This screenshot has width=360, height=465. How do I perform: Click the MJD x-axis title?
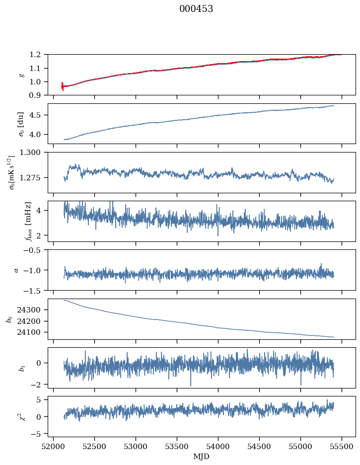(202, 457)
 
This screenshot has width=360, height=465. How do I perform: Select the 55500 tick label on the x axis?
(342, 447)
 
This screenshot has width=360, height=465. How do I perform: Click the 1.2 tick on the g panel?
(38, 54)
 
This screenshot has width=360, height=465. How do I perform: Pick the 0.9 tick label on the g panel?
(38, 95)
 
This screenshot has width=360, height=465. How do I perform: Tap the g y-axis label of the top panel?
(21, 75)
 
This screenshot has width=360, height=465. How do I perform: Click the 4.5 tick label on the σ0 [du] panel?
(38, 115)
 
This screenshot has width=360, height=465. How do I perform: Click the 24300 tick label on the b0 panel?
(33, 310)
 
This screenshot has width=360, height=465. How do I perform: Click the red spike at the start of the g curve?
(63, 86)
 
